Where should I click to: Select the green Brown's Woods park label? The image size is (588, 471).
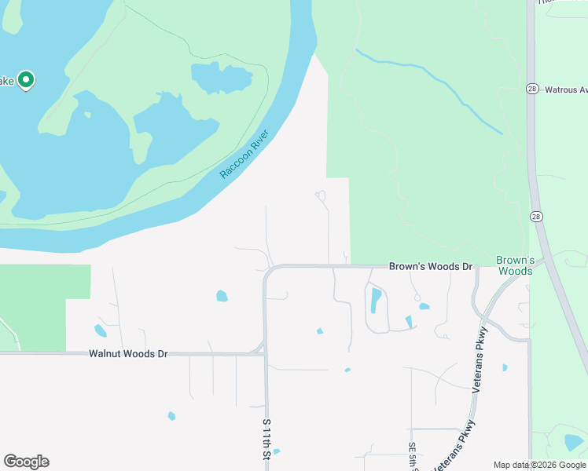[516, 265]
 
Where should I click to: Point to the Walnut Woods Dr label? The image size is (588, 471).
[129, 354]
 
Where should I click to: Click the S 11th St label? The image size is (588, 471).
[266, 440]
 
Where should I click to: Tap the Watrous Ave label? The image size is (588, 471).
[566, 89]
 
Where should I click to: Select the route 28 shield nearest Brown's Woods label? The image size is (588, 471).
[536, 216]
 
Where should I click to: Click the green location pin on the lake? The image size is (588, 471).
[26, 80]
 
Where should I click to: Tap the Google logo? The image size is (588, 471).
[26, 462]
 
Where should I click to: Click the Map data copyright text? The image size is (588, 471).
[539, 465]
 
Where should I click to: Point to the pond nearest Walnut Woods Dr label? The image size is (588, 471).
[101, 330]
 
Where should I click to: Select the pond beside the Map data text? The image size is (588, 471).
[574, 443]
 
